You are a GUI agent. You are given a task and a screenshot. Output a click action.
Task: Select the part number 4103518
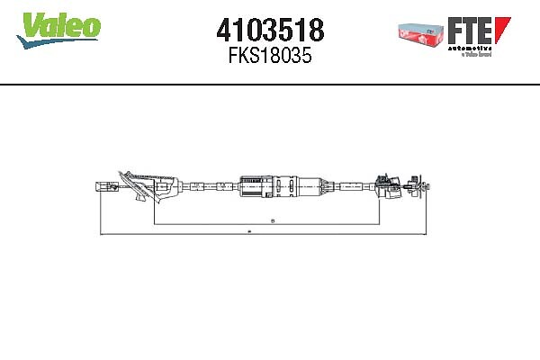[x=270, y=29]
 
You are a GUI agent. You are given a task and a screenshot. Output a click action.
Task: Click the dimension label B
[x=273, y=220]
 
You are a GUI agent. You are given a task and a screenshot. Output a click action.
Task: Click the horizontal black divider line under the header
[x=270, y=84]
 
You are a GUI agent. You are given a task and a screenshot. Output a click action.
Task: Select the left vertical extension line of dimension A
[x=98, y=211]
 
